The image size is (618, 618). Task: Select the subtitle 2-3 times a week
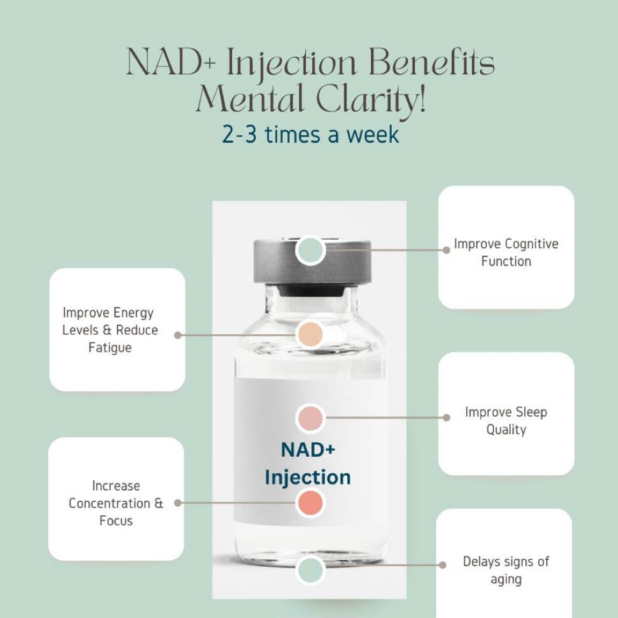[310, 134]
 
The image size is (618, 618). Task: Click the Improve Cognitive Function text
[506, 252]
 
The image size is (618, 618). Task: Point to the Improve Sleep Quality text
[506, 420]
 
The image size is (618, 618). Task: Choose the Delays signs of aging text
[506, 570]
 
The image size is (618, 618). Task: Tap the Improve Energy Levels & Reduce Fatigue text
[110, 330]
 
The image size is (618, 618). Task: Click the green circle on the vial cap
[311, 250]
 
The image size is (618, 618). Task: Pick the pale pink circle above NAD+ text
[310, 418]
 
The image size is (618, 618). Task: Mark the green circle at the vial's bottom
[310, 570]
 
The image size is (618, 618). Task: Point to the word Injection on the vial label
[308, 477]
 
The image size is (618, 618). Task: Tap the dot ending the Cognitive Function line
[447, 250]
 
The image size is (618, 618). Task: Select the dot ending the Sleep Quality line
[447, 418]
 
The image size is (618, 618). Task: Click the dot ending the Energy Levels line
[178, 335]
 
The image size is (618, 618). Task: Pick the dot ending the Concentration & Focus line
[178, 503]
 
